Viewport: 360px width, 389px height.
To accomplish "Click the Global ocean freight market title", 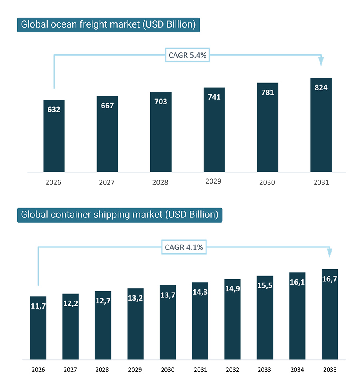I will point(108,25).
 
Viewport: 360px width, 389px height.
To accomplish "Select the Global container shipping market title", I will point(119,215).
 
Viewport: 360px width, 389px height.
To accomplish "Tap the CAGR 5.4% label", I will point(188,55).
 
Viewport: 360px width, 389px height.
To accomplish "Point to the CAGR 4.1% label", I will point(184,247).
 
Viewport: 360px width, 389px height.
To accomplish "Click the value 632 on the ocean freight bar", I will point(54,109).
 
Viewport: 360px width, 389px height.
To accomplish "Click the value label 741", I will point(214,97).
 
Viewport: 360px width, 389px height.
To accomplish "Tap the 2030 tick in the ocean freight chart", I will point(267,182).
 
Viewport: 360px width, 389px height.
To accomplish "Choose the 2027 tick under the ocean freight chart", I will point(107,182).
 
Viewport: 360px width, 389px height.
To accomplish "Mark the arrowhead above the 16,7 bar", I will point(329,253).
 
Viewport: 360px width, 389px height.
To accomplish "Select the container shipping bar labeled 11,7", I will point(38,328).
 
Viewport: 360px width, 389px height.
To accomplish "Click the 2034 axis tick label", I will point(297,370).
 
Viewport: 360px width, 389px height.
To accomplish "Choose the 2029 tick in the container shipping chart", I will point(136,370).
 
